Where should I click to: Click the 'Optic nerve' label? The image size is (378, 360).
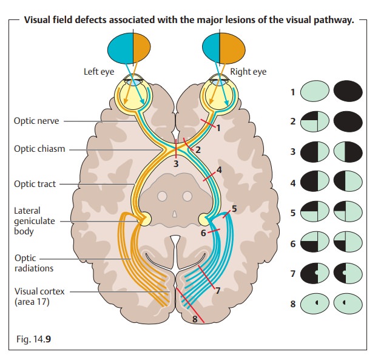(36, 121)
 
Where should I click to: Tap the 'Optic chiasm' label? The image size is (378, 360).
(39, 149)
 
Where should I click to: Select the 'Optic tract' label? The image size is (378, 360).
(35, 184)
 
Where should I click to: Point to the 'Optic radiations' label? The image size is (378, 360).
(33, 263)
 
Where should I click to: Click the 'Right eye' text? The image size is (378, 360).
(248, 72)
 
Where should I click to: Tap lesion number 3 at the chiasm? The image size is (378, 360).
(176, 163)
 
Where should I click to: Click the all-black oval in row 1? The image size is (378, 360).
(347, 92)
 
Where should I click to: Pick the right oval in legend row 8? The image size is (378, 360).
(347, 303)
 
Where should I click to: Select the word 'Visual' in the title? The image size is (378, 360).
(38, 20)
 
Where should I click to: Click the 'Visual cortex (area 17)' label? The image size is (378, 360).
(39, 296)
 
